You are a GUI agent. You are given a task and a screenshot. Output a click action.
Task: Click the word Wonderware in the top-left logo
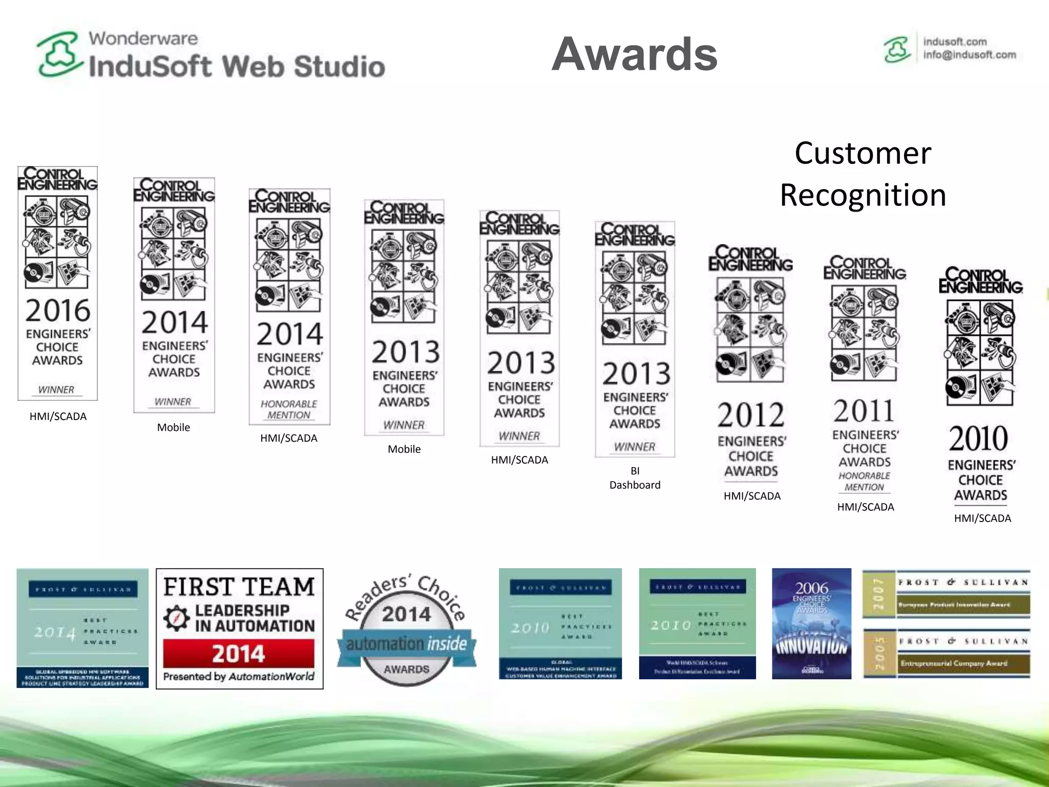tap(143, 38)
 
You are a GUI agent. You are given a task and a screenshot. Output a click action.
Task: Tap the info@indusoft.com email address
tap(969, 55)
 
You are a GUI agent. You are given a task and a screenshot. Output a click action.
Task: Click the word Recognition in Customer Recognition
tap(863, 195)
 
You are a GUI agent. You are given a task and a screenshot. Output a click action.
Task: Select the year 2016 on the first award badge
tap(58, 310)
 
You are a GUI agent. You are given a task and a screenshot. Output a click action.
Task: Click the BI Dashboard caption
tap(635, 478)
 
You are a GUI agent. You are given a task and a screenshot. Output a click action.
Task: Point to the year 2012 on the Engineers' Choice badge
tap(750, 415)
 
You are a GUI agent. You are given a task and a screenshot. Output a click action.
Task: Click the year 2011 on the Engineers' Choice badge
tap(864, 410)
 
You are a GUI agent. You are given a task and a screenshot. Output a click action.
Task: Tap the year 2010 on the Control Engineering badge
tap(978, 438)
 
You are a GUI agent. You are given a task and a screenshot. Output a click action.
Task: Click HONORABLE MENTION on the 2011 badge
tap(864, 481)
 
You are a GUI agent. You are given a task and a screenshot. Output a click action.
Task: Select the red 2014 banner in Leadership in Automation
tap(239, 653)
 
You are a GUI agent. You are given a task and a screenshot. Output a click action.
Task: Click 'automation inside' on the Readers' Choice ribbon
tap(406, 644)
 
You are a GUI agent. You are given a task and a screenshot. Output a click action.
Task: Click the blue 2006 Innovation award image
tap(811, 623)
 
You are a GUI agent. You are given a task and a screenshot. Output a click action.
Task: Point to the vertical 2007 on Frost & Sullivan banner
tap(878, 594)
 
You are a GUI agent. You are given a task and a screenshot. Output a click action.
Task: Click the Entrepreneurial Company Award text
tap(954, 663)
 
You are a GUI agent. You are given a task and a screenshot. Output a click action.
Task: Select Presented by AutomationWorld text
tap(239, 676)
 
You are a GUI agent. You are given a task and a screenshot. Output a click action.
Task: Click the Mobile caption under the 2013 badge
tap(404, 449)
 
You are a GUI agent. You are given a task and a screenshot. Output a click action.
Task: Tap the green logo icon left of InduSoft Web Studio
tap(59, 54)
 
